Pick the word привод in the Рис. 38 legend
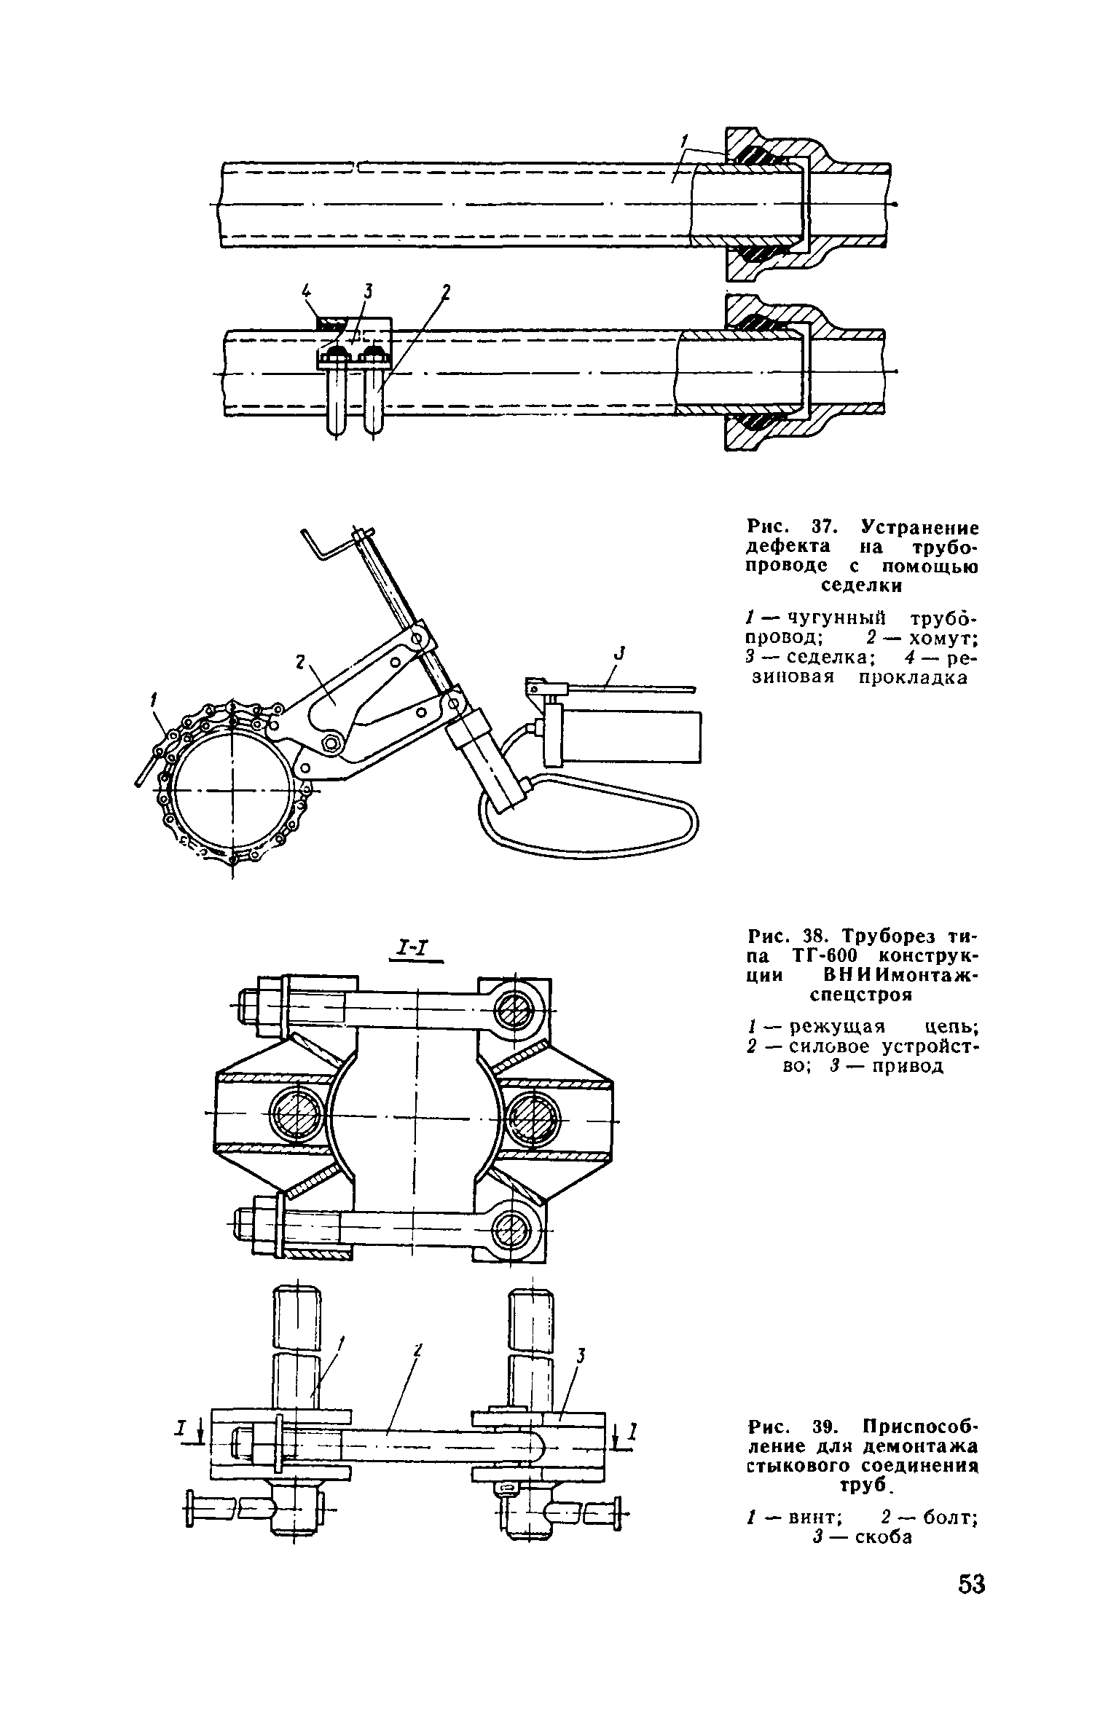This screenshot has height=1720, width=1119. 906,1066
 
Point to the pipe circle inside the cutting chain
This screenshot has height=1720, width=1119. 232,791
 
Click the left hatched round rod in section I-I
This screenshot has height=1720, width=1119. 297,1113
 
